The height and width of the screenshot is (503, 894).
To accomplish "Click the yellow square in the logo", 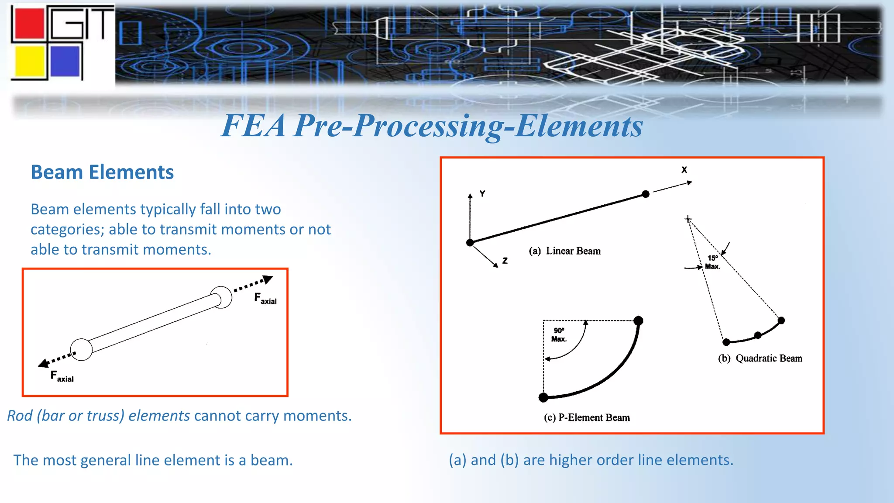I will pyautogui.click(x=30, y=62).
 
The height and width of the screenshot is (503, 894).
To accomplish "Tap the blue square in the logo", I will pyautogui.click(x=65, y=62).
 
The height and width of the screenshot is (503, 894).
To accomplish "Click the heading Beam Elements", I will pyautogui.click(x=102, y=172).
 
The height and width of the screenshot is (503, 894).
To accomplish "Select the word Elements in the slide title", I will pyautogui.click(x=579, y=126).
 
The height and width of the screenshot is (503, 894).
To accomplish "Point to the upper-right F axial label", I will pyautogui.click(x=265, y=299).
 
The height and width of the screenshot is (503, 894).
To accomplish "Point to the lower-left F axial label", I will pyautogui.click(x=62, y=376).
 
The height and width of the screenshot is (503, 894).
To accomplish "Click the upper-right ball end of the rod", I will pyautogui.click(x=221, y=297).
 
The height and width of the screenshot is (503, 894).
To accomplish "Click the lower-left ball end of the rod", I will pyautogui.click(x=81, y=349).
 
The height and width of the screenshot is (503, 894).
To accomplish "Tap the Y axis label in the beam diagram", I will pyautogui.click(x=482, y=193).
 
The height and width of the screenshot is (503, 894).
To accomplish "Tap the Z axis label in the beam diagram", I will pyautogui.click(x=505, y=261).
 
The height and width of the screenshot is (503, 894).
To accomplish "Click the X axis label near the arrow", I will pyautogui.click(x=684, y=170).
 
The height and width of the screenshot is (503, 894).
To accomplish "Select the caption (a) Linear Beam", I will pyautogui.click(x=564, y=251).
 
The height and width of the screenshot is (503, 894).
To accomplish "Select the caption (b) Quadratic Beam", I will pyautogui.click(x=760, y=358).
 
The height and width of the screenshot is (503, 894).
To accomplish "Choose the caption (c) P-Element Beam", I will pyautogui.click(x=587, y=417).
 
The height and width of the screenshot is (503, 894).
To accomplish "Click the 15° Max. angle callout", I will pyautogui.click(x=712, y=262).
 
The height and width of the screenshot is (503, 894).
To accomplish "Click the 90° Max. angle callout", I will pyautogui.click(x=559, y=334).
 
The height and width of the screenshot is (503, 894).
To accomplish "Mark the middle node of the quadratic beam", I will pyautogui.click(x=758, y=335).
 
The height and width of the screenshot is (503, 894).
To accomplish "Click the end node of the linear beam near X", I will pyautogui.click(x=646, y=194).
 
